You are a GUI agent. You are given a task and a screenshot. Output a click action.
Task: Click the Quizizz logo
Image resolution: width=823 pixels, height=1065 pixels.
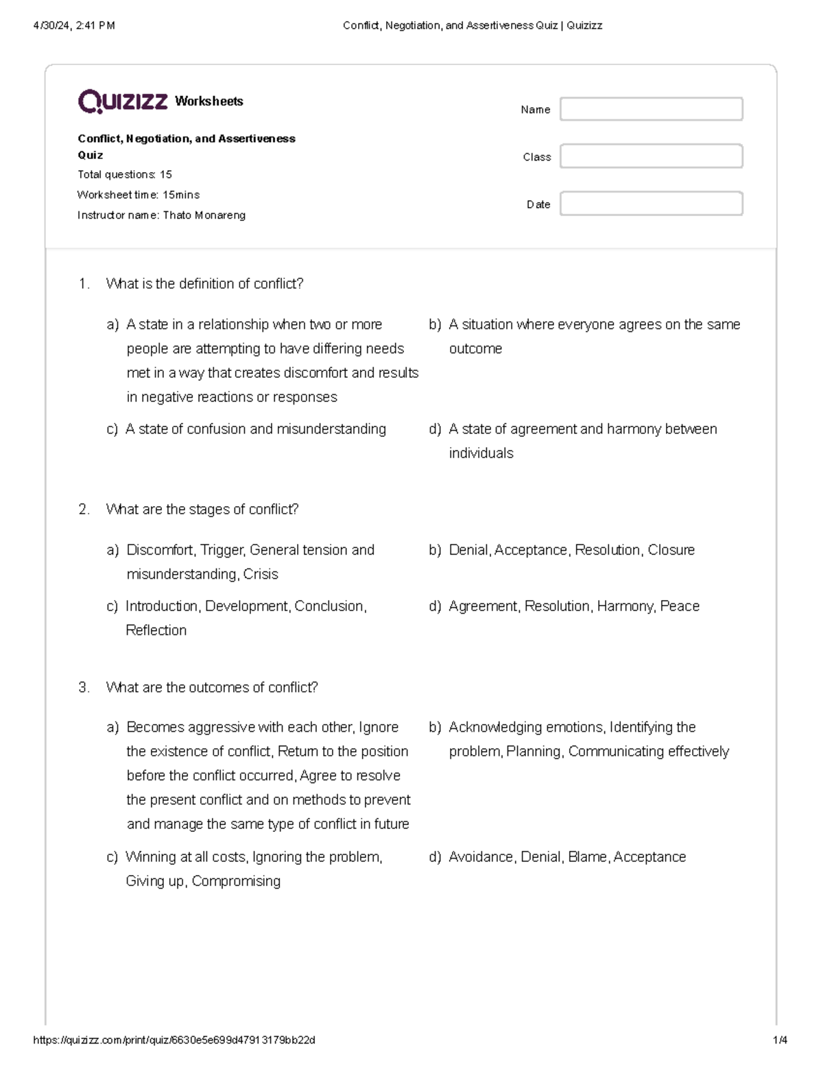tap(123, 101)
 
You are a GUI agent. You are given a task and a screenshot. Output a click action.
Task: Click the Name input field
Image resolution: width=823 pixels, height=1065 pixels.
tap(651, 109)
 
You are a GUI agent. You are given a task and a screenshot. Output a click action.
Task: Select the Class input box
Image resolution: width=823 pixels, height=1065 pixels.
tap(651, 156)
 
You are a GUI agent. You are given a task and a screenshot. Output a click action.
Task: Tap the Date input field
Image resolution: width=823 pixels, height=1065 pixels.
tap(651, 204)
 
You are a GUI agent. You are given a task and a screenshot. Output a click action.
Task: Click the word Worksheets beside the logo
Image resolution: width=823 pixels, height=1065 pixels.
tap(209, 101)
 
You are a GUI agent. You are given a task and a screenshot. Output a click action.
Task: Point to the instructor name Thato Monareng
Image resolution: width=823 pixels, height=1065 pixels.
tap(204, 215)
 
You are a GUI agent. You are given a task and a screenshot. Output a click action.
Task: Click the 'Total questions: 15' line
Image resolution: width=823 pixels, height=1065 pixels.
tap(125, 175)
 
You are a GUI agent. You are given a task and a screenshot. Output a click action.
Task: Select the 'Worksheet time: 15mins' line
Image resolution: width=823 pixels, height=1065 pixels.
tap(139, 195)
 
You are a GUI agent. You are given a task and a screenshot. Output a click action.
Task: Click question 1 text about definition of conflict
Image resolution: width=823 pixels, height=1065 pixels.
tap(204, 284)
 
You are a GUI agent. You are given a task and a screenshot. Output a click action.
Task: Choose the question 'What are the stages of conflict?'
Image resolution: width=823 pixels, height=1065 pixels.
tap(202, 510)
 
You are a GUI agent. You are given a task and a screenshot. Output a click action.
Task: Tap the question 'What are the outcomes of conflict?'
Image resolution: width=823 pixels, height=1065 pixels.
tap(212, 688)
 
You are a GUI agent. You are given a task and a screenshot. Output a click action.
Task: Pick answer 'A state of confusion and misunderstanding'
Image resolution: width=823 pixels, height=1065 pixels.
tap(255, 429)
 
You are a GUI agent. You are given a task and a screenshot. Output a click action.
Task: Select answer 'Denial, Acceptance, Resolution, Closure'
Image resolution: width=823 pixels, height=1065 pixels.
tap(571, 550)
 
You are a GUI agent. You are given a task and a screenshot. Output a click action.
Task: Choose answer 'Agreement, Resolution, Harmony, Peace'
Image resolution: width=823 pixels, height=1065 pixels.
tap(574, 606)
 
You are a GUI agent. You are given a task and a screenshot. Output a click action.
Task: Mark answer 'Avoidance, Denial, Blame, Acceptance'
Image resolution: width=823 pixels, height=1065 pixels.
tap(567, 857)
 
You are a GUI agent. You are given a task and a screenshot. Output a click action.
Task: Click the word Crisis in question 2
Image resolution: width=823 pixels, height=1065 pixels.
tap(261, 575)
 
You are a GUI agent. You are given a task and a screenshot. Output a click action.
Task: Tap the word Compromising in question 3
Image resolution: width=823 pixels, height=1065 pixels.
tap(236, 881)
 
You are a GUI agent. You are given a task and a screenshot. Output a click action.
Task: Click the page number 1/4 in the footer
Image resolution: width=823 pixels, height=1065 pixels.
tap(780, 1040)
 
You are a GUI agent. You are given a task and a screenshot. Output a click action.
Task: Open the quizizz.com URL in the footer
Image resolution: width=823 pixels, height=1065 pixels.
tap(174, 1040)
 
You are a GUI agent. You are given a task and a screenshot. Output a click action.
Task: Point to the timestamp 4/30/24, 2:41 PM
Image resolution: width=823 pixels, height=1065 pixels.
tap(74, 26)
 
